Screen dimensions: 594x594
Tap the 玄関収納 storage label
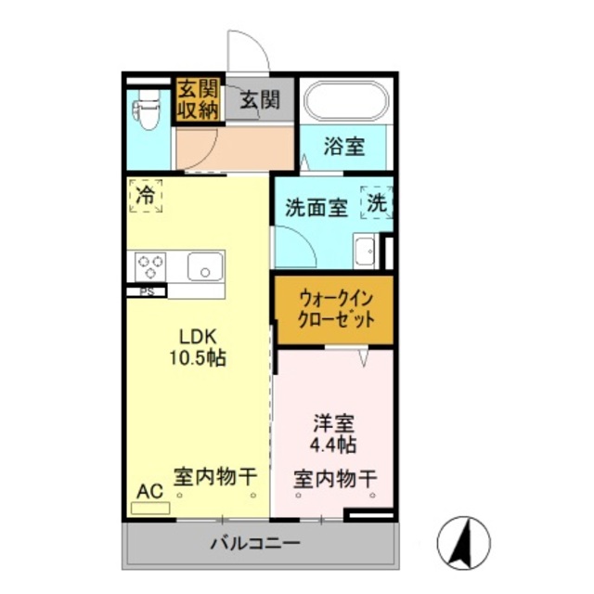point(197,100)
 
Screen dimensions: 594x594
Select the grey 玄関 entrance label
point(259,100)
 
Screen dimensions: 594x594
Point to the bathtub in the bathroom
point(344,103)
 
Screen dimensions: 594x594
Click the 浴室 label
point(343,147)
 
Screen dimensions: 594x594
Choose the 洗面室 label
point(316,206)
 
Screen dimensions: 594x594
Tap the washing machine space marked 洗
point(379,201)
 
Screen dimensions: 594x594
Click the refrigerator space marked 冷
point(146,196)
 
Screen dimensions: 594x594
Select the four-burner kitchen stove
point(151,267)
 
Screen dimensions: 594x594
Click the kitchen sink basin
point(203,267)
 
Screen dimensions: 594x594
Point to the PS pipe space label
point(147,291)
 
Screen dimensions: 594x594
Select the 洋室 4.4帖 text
point(334,433)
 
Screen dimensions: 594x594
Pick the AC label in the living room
point(149,490)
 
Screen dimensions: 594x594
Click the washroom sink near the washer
point(365,251)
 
